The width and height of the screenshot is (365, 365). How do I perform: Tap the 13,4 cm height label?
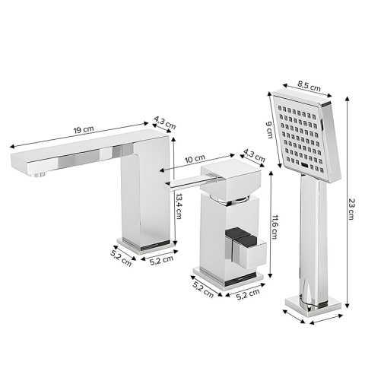click(180, 205)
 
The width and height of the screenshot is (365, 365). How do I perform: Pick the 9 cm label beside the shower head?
click(268, 131)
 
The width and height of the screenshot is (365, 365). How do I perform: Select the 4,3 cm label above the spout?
click(164, 122)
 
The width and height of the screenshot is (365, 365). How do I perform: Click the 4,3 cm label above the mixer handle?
click(252, 154)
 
